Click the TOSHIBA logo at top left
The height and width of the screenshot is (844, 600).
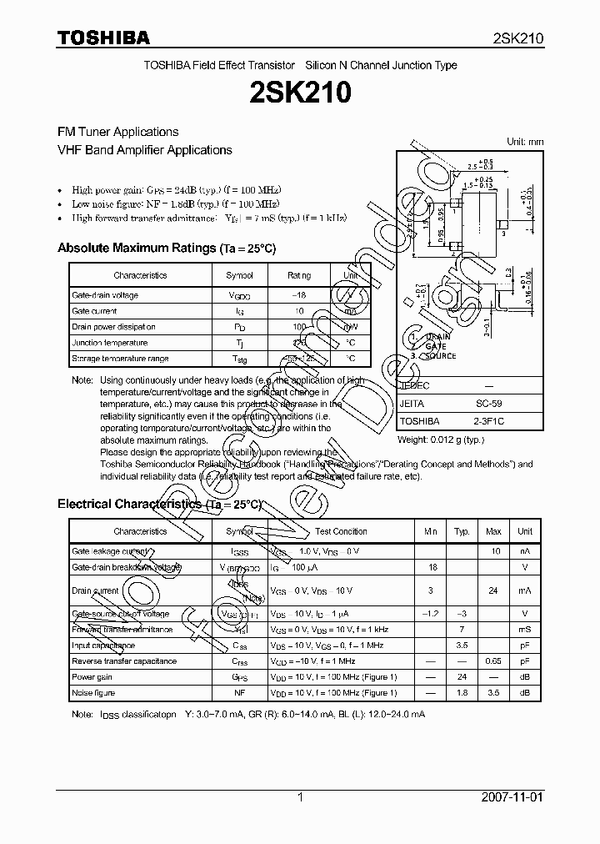[x=103, y=38]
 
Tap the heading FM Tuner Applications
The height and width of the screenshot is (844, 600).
[x=117, y=132]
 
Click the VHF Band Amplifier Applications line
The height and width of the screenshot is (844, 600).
[x=144, y=150]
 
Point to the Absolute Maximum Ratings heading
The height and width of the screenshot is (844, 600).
[x=166, y=248]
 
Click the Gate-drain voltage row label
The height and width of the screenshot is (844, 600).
[x=105, y=295]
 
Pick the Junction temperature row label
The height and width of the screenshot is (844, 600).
[x=110, y=343]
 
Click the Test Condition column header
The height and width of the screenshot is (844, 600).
[x=341, y=531]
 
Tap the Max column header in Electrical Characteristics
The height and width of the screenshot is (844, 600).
[x=493, y=531]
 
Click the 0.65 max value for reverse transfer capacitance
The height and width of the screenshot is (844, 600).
[x=493, y=661]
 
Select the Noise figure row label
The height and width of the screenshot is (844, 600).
[x=93, y=693]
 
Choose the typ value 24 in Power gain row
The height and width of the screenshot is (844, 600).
[x=461, y=677]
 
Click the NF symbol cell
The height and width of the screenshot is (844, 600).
[x=239, y=693]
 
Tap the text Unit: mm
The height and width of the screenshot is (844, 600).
[x=525, y=142]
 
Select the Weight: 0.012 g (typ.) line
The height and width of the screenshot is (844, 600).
[x=440, y=439]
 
